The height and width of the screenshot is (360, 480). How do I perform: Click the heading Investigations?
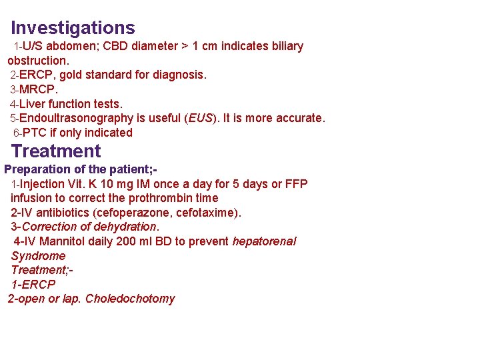73,28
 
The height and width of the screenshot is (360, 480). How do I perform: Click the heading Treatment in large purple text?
56,151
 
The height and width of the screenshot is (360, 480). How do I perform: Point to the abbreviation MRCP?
39,89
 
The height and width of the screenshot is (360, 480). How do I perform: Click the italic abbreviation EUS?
200,119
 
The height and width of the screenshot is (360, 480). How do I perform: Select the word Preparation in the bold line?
36,169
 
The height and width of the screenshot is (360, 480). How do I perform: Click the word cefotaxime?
209,213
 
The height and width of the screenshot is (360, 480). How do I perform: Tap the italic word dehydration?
123,227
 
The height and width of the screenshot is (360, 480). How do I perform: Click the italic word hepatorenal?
264,241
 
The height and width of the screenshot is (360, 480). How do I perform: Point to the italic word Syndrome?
38,256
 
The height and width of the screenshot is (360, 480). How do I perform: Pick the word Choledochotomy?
130,299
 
